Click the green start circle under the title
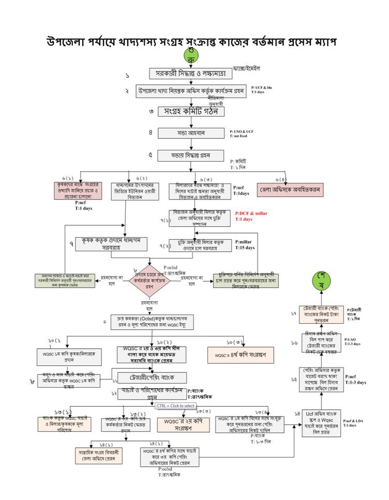coord(190,55)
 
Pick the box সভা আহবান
coord(191,133)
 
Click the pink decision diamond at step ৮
coord(150,275)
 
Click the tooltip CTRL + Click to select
coord(176,406)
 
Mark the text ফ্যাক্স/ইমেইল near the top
coord(247,68)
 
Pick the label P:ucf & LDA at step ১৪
coord(353,421)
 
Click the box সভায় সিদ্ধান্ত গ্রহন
coord(191,155)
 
